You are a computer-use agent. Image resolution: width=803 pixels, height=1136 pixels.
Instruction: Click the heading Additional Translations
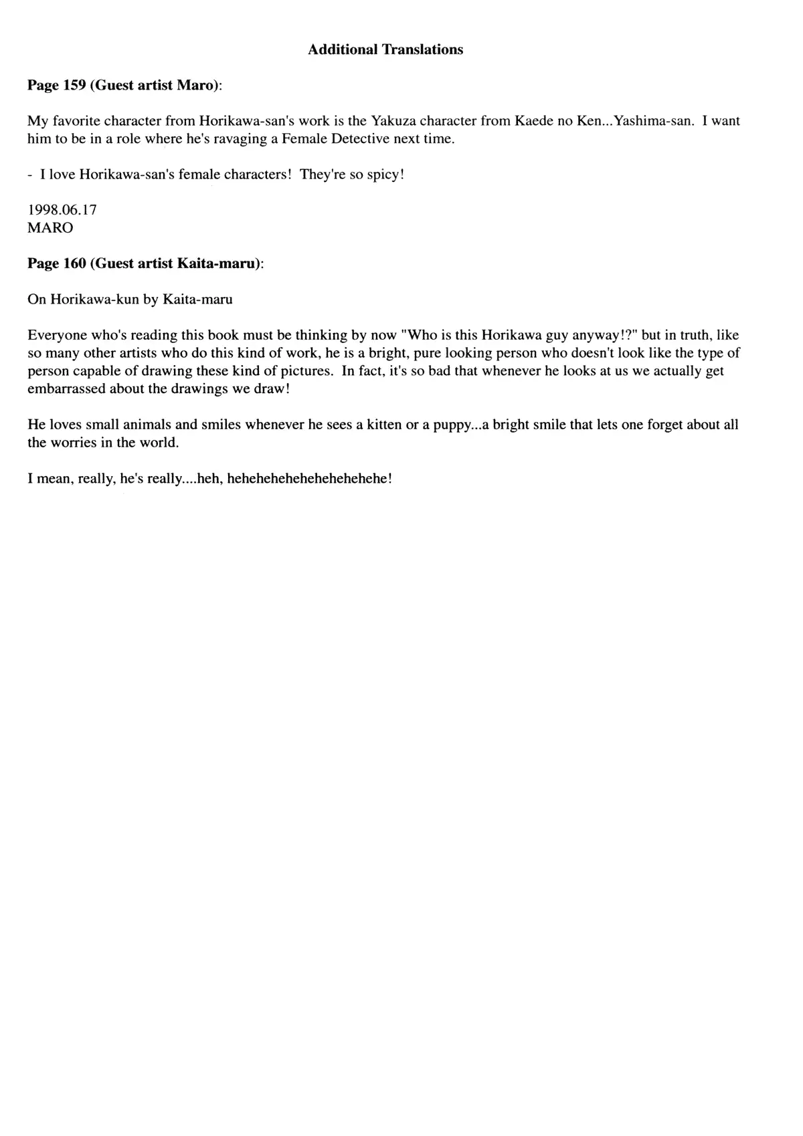[385, 49]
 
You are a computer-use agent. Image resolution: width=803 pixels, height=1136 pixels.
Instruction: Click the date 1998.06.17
[62, 210]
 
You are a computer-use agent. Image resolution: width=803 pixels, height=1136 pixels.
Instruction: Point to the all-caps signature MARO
[50, 228]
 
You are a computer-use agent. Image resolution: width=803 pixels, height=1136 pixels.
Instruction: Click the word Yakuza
[393, 121]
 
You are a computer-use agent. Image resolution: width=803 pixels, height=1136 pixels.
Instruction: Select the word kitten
[382, 425]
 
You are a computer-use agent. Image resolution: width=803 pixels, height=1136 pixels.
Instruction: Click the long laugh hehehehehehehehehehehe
[309, 479]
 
